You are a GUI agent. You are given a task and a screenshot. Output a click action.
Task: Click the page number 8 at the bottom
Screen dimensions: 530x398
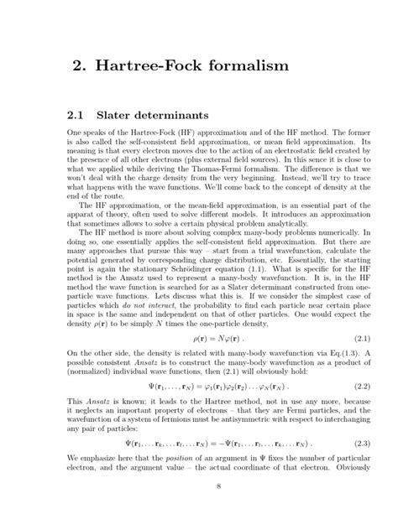tap(199, 509)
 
